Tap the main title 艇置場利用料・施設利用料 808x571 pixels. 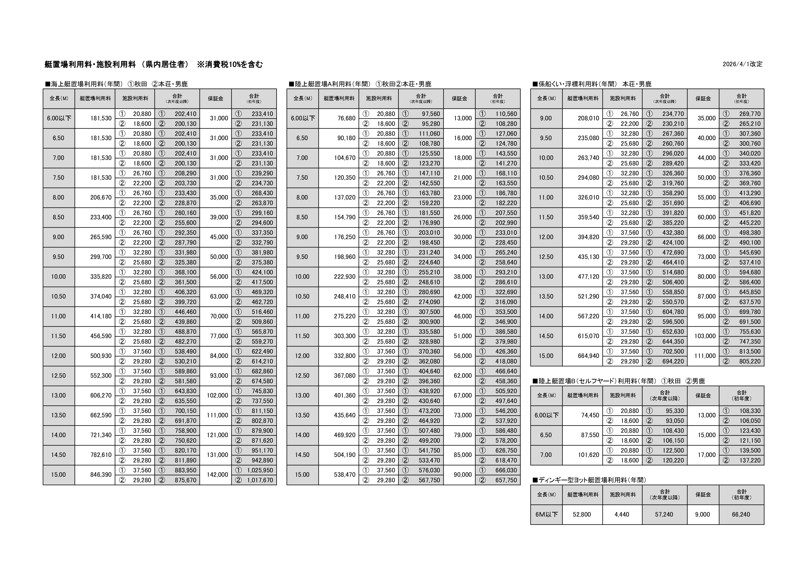[90, 64]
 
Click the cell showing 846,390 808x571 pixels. [101, 475]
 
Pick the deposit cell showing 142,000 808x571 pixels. [217, 475]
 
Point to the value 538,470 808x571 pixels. [345, 475]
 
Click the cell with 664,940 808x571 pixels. [588, 356]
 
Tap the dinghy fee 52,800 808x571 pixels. [582, 514]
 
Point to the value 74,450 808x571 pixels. [590, 415]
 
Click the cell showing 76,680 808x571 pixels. [346, 118]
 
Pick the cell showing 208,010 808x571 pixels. [588, 118]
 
